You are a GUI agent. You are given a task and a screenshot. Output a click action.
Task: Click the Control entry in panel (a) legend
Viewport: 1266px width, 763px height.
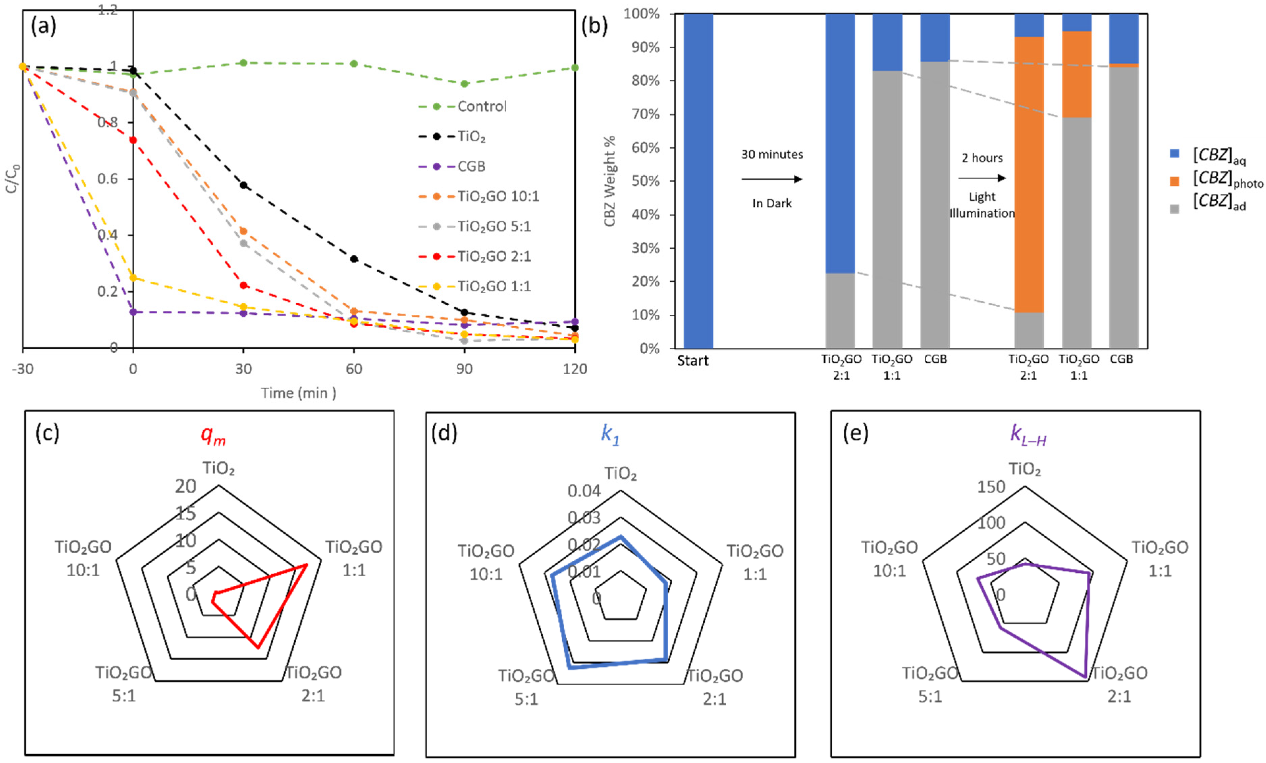[x=481, y=106]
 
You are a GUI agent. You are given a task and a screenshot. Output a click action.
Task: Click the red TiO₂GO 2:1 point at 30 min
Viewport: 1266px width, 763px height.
[x=244, y=285]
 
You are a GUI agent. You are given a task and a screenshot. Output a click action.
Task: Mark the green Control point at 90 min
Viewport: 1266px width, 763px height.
[x=464, y=84]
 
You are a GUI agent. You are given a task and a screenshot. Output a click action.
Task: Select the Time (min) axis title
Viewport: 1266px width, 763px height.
[x=298, y=393]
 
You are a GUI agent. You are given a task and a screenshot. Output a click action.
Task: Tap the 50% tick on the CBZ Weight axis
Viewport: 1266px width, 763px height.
[x=645, y=181]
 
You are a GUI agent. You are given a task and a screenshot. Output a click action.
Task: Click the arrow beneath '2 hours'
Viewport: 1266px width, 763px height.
[x=981, y=178]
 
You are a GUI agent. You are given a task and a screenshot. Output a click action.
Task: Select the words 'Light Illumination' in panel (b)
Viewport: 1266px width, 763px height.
[x=982, y=205]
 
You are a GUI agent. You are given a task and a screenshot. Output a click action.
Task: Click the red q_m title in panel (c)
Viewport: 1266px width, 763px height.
[x=213, y=436]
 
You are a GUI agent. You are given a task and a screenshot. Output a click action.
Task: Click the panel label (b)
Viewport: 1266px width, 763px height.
[x=594, y=26]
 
